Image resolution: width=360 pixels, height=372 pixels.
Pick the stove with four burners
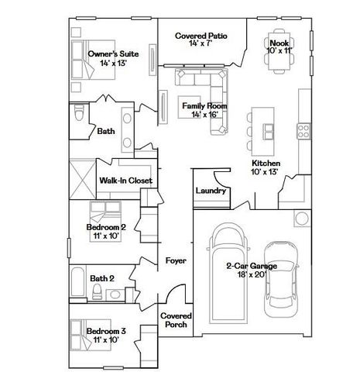coord(303,131)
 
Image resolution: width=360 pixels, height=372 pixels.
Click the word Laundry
coord(211,191)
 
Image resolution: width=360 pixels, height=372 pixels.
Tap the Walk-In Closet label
coord(125,181)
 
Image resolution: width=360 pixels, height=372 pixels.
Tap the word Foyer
coord(176,261)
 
